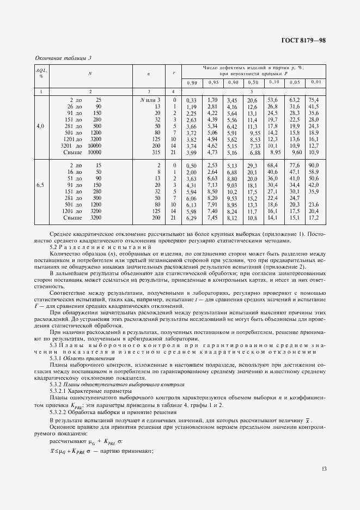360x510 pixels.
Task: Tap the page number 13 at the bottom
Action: click(x=325, y=468)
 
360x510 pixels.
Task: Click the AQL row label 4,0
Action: click(x=40, y=126)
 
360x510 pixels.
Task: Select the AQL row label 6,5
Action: click(x=40, y=185)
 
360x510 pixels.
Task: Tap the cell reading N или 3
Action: click(x=150, y=100)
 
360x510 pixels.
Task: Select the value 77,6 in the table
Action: click(x=295, y=165)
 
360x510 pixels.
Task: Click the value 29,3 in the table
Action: click(x=251, y=165)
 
